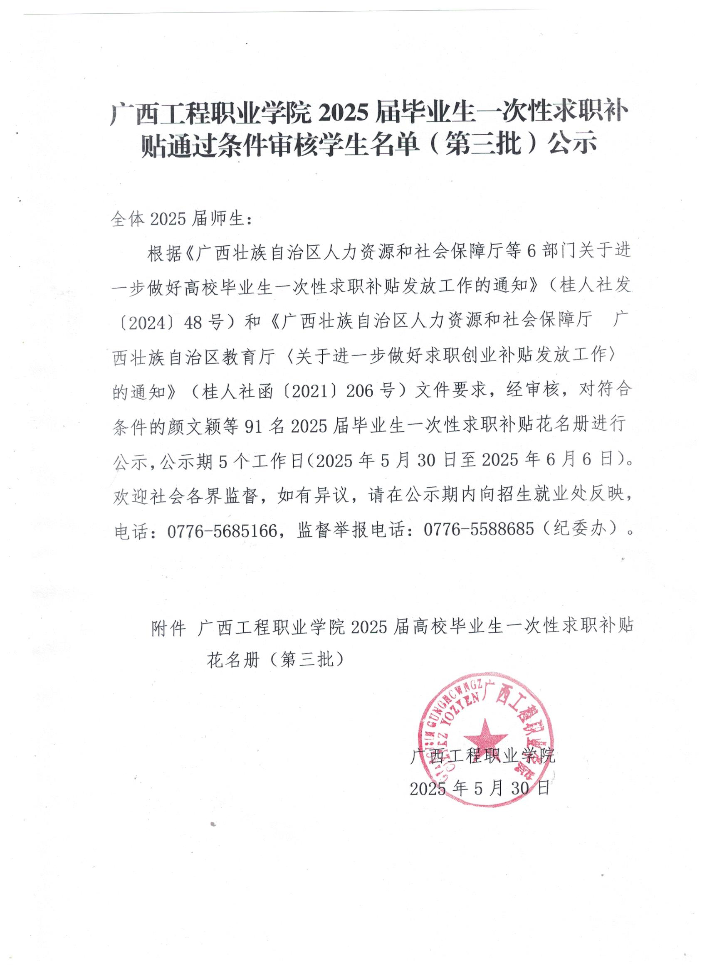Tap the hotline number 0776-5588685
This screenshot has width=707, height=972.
pyautogui.click(x=479, y=530)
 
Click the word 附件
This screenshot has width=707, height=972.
pyautogui.click(x=168, y=628)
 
